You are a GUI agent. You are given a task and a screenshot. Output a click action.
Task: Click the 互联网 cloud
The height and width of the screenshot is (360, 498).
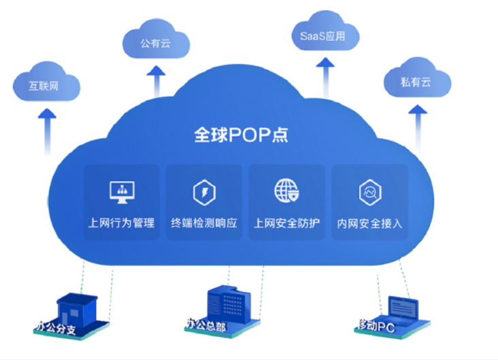click(x=46, y=86)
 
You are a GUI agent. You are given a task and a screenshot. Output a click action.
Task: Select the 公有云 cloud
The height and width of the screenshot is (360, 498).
click(x=155, y=43)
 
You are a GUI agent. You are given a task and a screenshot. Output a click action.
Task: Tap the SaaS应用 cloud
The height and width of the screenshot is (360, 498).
click(x=323, y=35)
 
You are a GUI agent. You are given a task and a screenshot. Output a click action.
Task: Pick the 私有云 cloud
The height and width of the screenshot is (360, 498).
click(x=416, y=82)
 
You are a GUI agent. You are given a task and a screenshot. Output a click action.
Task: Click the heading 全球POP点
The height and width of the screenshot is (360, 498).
click(x=242, y=134)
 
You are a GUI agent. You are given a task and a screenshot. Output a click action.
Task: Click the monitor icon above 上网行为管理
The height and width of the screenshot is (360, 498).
click(x=122, y=191)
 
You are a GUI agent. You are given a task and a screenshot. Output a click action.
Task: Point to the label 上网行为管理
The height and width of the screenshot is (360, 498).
click(x=122, y=223)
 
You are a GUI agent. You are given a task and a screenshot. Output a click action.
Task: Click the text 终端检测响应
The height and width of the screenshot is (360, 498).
click(x=204, y=223)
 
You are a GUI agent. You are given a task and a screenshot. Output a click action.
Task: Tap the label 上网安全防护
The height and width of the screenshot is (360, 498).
click(x=286, y=223)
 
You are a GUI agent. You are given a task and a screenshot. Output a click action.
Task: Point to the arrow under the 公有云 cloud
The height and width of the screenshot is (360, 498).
click(x=157, y=80)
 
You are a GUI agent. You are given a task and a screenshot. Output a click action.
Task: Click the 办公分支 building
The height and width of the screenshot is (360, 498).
click(x=74, y=310)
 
